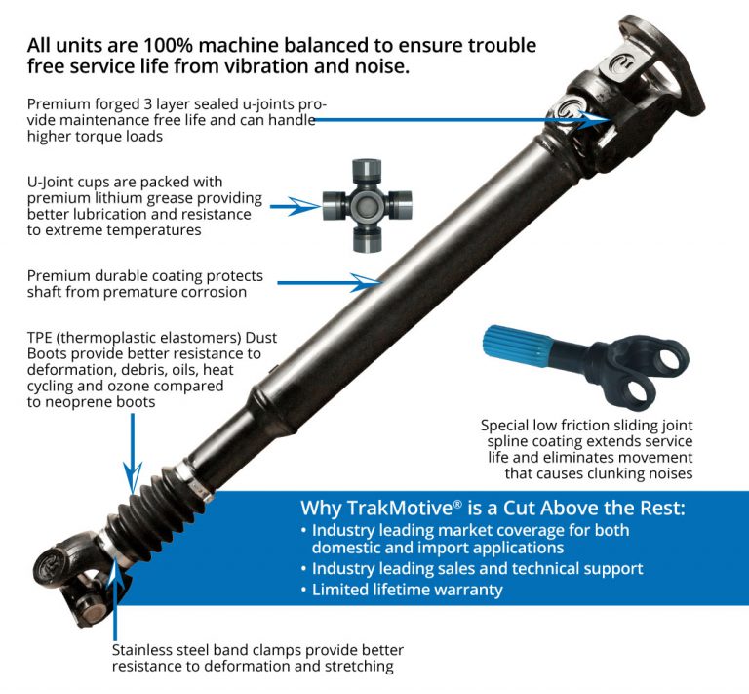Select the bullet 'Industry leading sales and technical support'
(x=477, y=568)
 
